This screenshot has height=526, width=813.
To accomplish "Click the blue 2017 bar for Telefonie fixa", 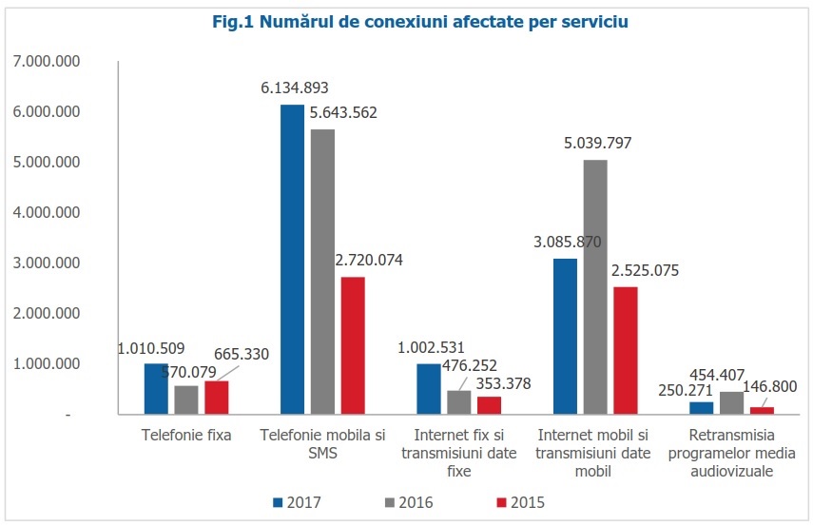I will pyautogui.click(x=155, y=389).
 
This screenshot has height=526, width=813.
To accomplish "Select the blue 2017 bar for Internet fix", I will pyautogui.click(x=429, y=389).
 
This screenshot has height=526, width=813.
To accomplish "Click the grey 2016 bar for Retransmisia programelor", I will pyautogui.click(x=732, y=403).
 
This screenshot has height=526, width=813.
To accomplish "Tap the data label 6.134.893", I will pyautogui.click(x=295, y=88).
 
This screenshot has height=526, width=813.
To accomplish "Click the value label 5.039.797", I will pyautogui.click(x=597, y=144).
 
